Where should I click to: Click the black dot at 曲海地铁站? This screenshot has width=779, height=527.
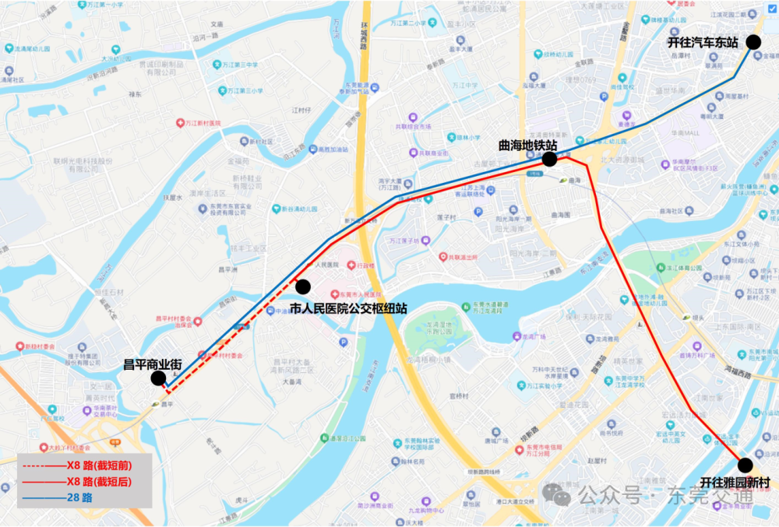coord(549,160)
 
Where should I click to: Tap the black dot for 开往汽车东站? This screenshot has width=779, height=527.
coord(753,43)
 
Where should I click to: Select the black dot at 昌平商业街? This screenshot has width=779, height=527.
coord(158,378)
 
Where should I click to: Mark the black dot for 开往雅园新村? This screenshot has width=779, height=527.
coord(745,466)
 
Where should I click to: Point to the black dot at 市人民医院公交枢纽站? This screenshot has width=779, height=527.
coord(303,286)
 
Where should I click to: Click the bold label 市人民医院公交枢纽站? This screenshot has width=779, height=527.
coord(348,308)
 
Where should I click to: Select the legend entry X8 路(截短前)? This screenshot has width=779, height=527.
coord(99,466)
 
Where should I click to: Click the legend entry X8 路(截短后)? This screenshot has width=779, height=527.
coord(99,482)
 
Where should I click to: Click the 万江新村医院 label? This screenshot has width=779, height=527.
coord(203,123)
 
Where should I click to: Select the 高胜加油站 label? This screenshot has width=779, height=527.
coord(328,149)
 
